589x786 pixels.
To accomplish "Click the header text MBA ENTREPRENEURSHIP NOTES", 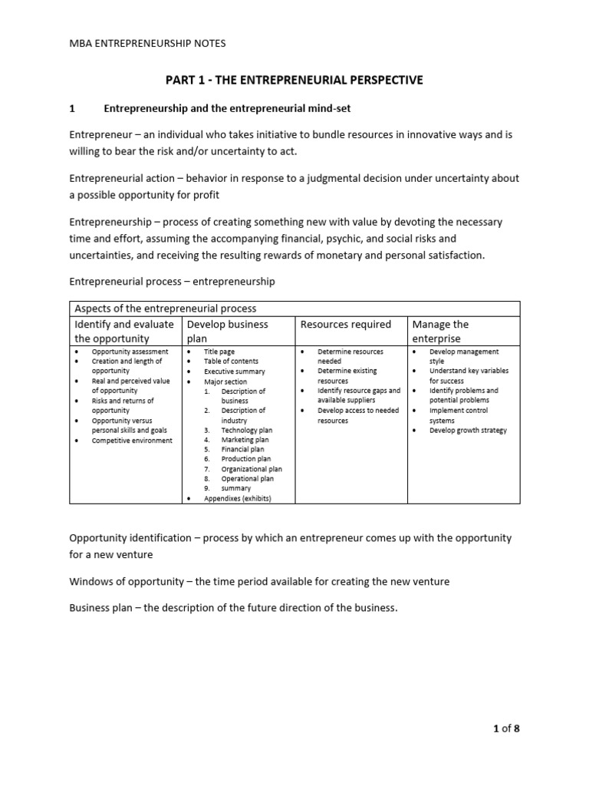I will click(147, 44).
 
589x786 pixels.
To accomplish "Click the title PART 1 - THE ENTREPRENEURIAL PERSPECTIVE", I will click(294, 80).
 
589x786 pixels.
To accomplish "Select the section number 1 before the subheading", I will click(72, 109).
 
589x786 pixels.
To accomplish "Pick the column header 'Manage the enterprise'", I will click(440, 331).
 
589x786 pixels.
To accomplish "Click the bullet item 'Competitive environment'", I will click(132, 441).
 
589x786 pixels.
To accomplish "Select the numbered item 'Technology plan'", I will click(246, 431).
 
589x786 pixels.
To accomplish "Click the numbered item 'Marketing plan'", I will click(245, 440).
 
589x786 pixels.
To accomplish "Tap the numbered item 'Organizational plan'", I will click(252, 469).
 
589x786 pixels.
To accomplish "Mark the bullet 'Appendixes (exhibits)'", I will click(238, 498).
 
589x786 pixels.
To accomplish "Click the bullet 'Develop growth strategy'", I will click(468, 431).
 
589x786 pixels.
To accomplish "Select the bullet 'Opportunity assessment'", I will click(130, 352).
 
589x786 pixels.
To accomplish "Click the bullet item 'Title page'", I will click(219, 352).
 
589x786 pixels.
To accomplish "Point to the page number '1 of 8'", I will click(505, 728).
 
